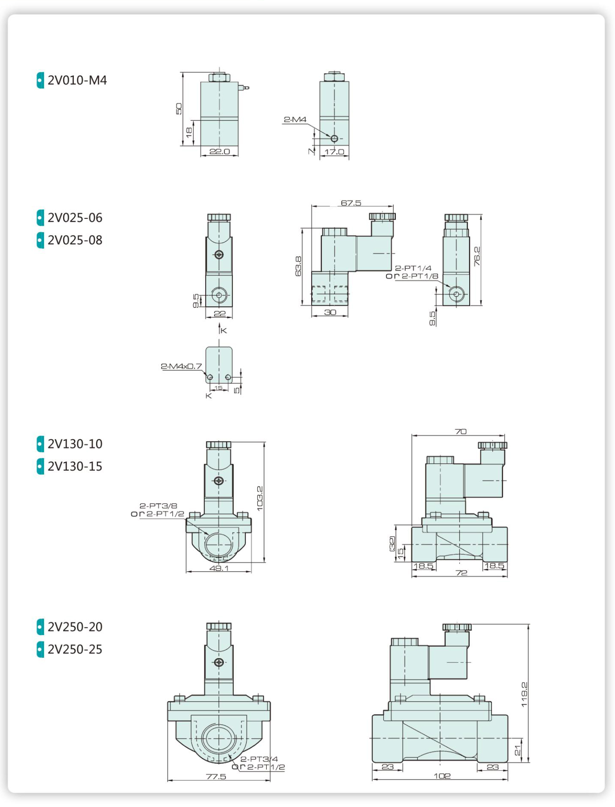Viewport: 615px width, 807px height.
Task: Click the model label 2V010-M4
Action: click(x=77, y=80)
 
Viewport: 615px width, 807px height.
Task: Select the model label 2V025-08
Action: click(x=75, y=240)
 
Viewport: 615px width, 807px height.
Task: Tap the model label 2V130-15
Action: click(x=75, y=466)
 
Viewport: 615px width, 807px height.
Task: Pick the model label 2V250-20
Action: click(x=75, y=627)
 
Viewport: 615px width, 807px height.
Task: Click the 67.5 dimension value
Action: click(x=351, y=203)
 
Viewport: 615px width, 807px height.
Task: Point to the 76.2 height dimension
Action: click(x=477, y=256)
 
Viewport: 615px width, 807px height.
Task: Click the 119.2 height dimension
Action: click(x=524, y=695)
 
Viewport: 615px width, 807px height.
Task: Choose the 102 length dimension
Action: click(x=442, y=776)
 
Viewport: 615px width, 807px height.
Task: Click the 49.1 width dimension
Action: click(x=219, y=568)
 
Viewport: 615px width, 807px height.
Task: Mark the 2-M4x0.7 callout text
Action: click(x=181, y=366)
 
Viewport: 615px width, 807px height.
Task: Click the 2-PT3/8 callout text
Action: click(x=158, y=506)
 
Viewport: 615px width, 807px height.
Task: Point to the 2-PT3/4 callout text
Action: click(x=259, y=759)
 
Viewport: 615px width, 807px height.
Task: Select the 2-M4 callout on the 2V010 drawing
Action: click(x=295, y=119)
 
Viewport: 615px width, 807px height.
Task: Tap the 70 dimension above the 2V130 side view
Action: click(x=461, y=431)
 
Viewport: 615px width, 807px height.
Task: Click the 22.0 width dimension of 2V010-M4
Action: click(x=220, y=151)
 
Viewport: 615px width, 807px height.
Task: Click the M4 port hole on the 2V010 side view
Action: click(x=334, y=138)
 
